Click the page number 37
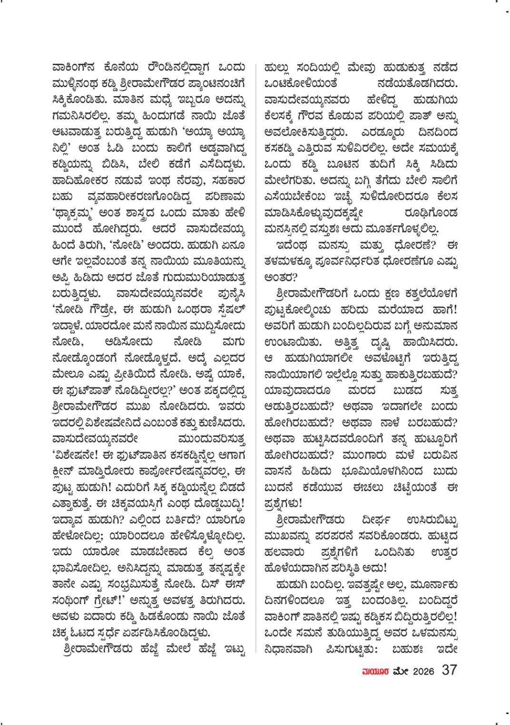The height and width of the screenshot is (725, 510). (x=450, y=670)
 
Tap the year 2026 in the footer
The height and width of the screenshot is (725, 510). (x=423, y=671)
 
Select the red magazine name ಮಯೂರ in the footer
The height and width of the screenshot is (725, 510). (x=375, y=671)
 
